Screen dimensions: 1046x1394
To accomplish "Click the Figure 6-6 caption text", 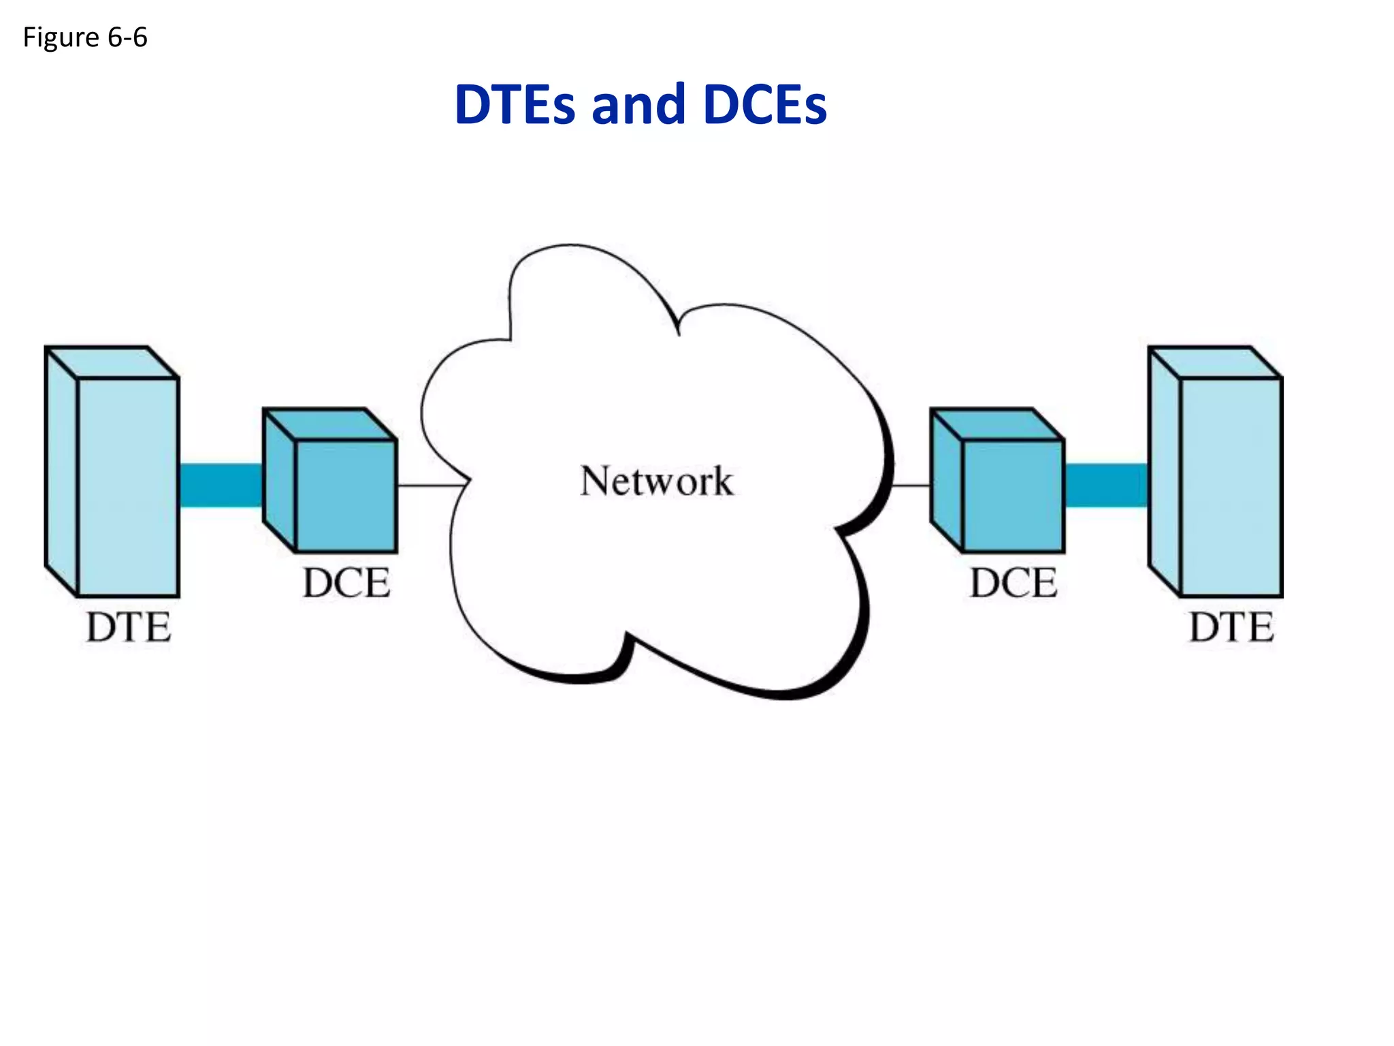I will [x=85, y=37].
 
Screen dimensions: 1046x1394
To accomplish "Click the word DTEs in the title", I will [x=514, y=106].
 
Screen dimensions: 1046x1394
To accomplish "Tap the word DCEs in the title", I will [x=764, y=106].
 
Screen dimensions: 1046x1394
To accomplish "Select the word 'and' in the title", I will [x=638, y=106].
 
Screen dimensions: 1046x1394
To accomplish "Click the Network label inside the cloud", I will [x=657, y=481].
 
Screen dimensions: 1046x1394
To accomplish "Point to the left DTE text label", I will [x=128, y=627].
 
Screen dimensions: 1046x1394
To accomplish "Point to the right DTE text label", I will [x=1231, y=627].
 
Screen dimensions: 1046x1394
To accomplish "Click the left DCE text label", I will [x=346, y=583].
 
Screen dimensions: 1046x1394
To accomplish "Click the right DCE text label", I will [x=1014, y=583].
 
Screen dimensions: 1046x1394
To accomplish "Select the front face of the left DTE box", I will [x=128, y=487].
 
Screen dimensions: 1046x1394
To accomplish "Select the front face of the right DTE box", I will [x=1231, y=487].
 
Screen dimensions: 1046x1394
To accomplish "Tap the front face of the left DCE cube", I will [x=346, y=496].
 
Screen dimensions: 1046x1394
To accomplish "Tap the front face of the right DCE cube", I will [x=1013, y=496].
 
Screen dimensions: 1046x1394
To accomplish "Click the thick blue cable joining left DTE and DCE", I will [x=221, y=485].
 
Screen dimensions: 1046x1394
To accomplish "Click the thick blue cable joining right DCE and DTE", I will [x=1106, y=485].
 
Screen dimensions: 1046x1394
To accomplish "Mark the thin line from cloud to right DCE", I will [x=911, y=486].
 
